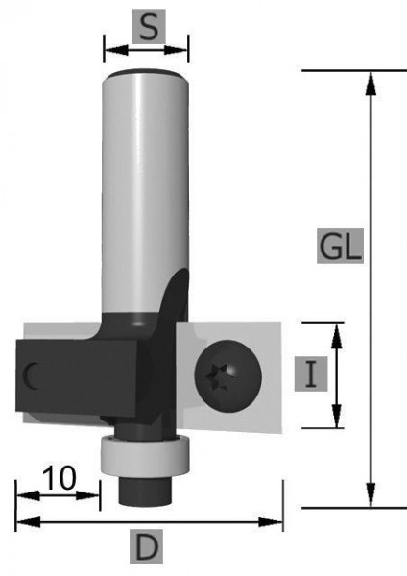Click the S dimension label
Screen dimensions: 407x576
tap(149, 27)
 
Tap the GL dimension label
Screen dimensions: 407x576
tap(340, 246)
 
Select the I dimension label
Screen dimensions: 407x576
tap(311, 374)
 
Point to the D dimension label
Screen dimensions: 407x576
tap(146, 546)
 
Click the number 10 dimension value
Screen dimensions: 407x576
tap(60, 478)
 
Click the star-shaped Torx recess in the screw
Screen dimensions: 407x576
tap(217, 376)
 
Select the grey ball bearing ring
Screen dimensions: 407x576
tap(146, 455)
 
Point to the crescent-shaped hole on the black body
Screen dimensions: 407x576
tap(30, 376)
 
